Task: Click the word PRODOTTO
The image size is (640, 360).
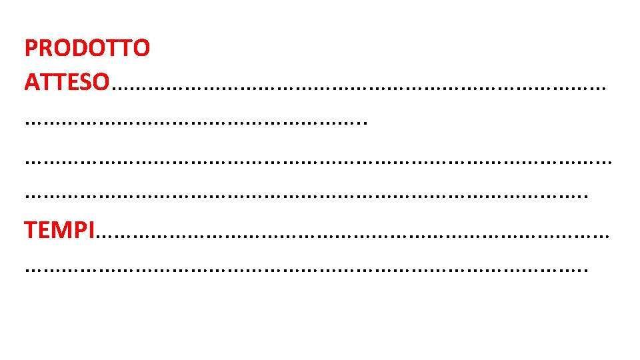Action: click(x=87, y=48)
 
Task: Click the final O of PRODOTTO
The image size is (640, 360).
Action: click(x=141, y=48)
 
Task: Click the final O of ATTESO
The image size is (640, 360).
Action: click(x=101, y=82)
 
